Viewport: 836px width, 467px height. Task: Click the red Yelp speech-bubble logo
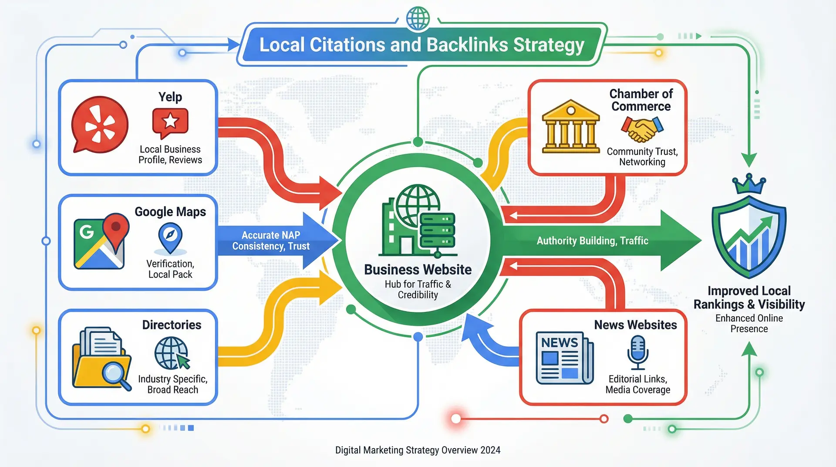(100, 125)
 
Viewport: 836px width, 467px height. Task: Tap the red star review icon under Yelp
(170, 121)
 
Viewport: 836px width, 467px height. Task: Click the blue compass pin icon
(170, 237)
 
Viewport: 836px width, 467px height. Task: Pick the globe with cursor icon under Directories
(172, 353)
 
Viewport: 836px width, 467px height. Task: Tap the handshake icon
(642, 129)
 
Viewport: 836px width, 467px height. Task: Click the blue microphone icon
(638, 352)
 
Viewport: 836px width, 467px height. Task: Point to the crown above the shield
(749, 184)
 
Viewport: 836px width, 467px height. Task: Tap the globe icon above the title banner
(418, 18)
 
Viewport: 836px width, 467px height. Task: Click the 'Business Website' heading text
(418, 270)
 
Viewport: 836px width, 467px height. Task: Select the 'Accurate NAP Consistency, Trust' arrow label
(271, 240)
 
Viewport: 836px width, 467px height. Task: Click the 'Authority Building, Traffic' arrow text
(592, 240)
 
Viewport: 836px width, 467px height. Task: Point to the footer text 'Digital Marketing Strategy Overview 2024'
(418, 450)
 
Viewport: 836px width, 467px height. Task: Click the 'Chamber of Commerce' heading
(641, 100)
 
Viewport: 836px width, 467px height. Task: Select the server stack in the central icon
(437, 230)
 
